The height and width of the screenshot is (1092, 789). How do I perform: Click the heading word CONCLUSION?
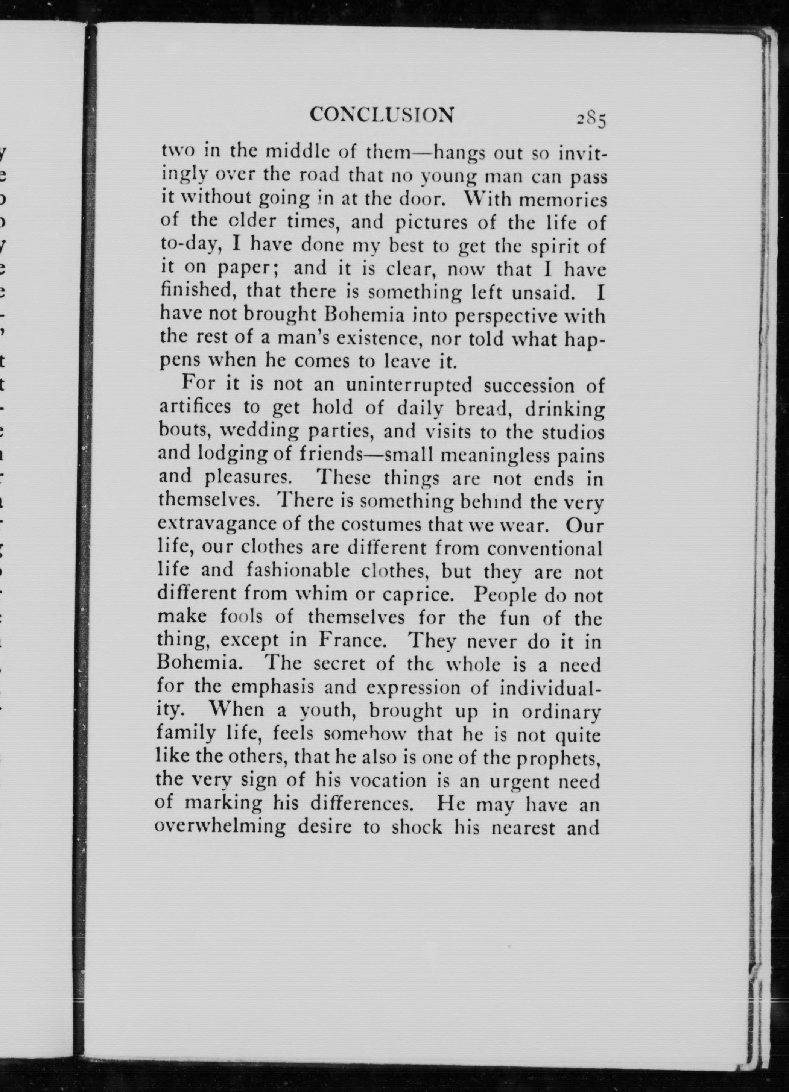[382, 115]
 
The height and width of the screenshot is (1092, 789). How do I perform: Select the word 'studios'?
[572, 432]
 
